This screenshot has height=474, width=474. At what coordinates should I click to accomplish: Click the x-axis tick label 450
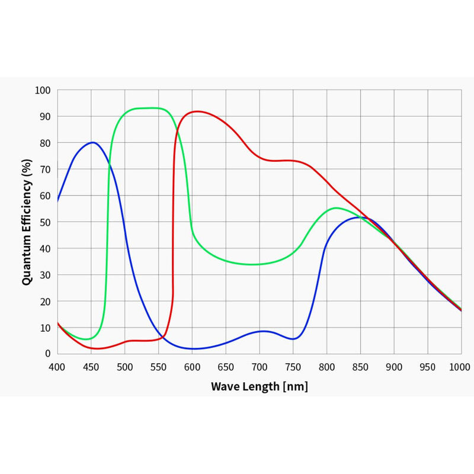coord(91,367)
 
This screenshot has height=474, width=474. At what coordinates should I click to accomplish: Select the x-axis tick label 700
coord(260,367)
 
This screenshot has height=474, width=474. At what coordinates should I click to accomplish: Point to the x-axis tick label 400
coord(57,367)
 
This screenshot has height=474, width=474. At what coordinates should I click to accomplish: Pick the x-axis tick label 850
coord(360,367)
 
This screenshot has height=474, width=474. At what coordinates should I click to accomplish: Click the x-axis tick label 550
coord(158,367)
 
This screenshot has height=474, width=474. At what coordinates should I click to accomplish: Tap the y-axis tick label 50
coord(46,222)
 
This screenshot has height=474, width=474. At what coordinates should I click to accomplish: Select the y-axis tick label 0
coord(48,354)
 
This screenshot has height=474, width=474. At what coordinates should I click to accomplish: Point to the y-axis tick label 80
coord(46,143)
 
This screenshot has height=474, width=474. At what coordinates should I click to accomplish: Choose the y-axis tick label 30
coord(46,275)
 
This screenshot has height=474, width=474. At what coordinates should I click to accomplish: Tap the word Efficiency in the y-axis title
coord(27,195)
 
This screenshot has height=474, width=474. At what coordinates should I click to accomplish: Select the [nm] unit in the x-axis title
coord(295,387)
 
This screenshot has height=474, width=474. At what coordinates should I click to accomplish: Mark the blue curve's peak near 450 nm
coord(92,142)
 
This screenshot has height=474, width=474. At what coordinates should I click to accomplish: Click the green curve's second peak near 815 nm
coord(336,208)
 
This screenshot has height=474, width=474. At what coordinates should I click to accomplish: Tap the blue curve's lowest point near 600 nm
coord(193,348)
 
